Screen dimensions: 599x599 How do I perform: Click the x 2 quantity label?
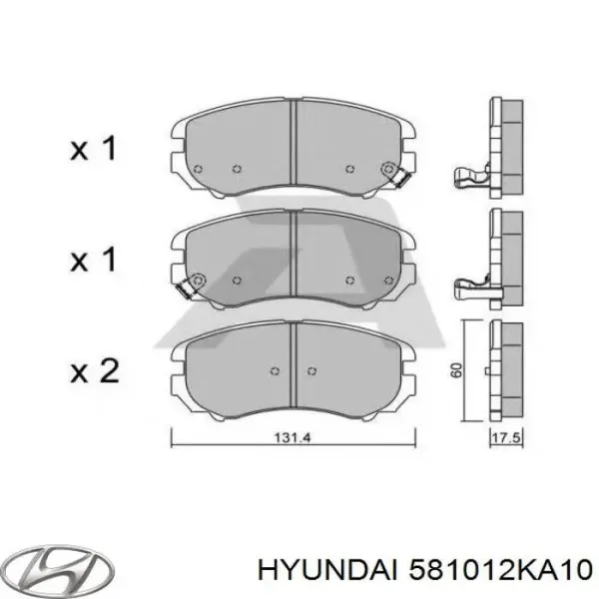[x=94, y=372]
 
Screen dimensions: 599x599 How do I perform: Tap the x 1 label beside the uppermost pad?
[x=94, y=150]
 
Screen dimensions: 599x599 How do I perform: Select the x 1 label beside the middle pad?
[x=94, y=261]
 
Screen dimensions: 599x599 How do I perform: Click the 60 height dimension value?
[x=456, y=369]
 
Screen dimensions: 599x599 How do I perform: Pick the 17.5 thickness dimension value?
[x=502, y=437]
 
